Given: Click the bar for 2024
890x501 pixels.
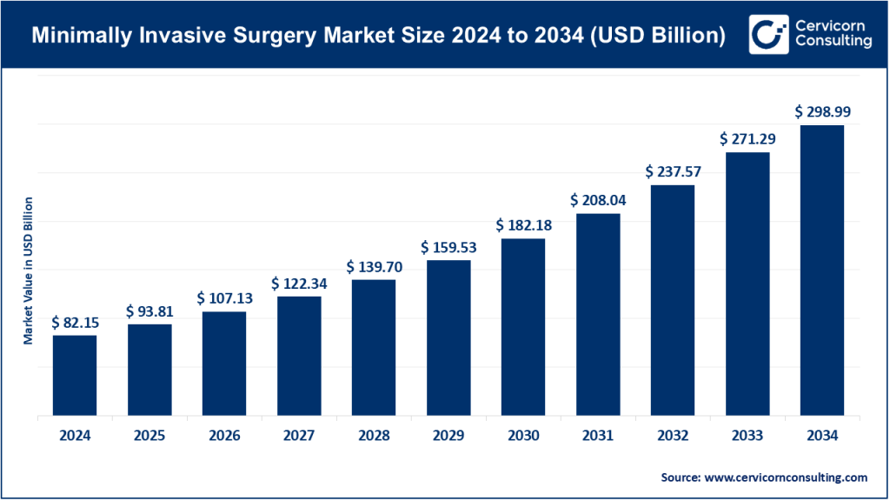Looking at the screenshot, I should (x=75, y=375).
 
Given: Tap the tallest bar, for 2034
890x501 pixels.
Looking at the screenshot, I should (x=822, y=271).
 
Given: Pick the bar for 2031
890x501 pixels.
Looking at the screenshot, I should (x=598, y=314).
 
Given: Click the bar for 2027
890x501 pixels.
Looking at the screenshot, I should (x=299, y=356).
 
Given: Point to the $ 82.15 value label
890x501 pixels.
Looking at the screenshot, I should (x=75, y=322).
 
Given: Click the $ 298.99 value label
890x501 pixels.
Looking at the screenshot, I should (x=822, y=111).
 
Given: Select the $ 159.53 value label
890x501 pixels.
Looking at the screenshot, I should (x=448, y=247).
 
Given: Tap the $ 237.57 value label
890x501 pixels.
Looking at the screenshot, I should (x=673, y=171).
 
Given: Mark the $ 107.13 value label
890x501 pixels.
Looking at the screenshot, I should (x=224, y=298).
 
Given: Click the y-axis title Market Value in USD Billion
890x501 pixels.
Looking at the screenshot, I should (x=28, y=271).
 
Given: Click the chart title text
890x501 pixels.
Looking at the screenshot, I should (x=379, y=36).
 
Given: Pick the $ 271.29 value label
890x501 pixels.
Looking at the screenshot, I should (x=747, y=138).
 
